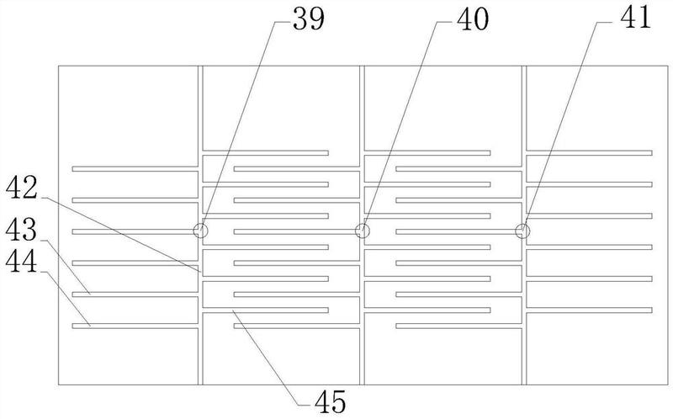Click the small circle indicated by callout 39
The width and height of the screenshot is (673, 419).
[200, 231]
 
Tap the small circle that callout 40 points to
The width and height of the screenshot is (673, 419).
[363, 231]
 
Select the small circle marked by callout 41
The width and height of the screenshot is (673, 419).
[523, 231]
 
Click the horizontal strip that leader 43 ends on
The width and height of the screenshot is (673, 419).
[135, 294]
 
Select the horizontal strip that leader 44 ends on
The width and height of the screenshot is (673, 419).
[135, 326]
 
